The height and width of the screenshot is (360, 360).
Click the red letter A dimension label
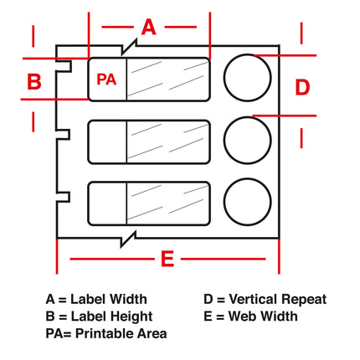(148, 27)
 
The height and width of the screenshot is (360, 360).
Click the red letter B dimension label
(34, 81)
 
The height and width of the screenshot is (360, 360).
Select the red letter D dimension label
(303, 86)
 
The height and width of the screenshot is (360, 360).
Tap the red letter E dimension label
(167, 260)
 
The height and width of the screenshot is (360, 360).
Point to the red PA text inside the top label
(106, 80)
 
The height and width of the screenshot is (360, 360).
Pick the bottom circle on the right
(248, 201)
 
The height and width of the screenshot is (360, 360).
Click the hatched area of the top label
(167, 79)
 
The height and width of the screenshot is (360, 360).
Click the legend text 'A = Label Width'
(96, 299)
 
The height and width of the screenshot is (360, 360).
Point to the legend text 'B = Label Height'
(99, 316)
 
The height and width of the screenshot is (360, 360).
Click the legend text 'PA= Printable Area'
(105, 333)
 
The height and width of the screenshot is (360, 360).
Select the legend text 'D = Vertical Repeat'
(265, 299)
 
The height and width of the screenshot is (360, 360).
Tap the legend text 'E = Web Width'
(250, 316)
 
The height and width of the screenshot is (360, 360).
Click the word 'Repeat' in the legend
(305, 299)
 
